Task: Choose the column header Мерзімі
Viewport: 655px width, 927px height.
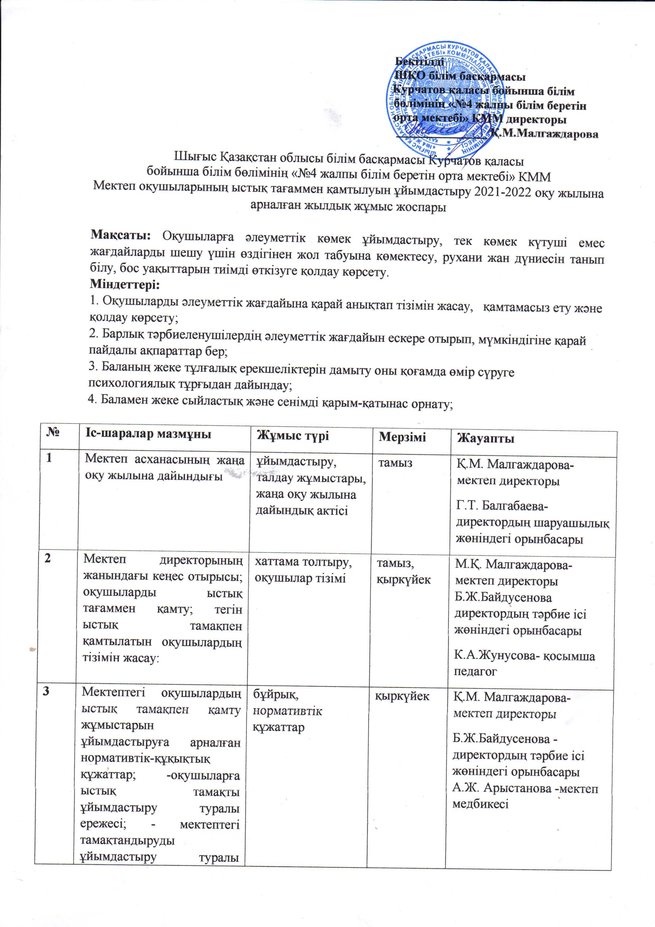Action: point(402,437)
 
